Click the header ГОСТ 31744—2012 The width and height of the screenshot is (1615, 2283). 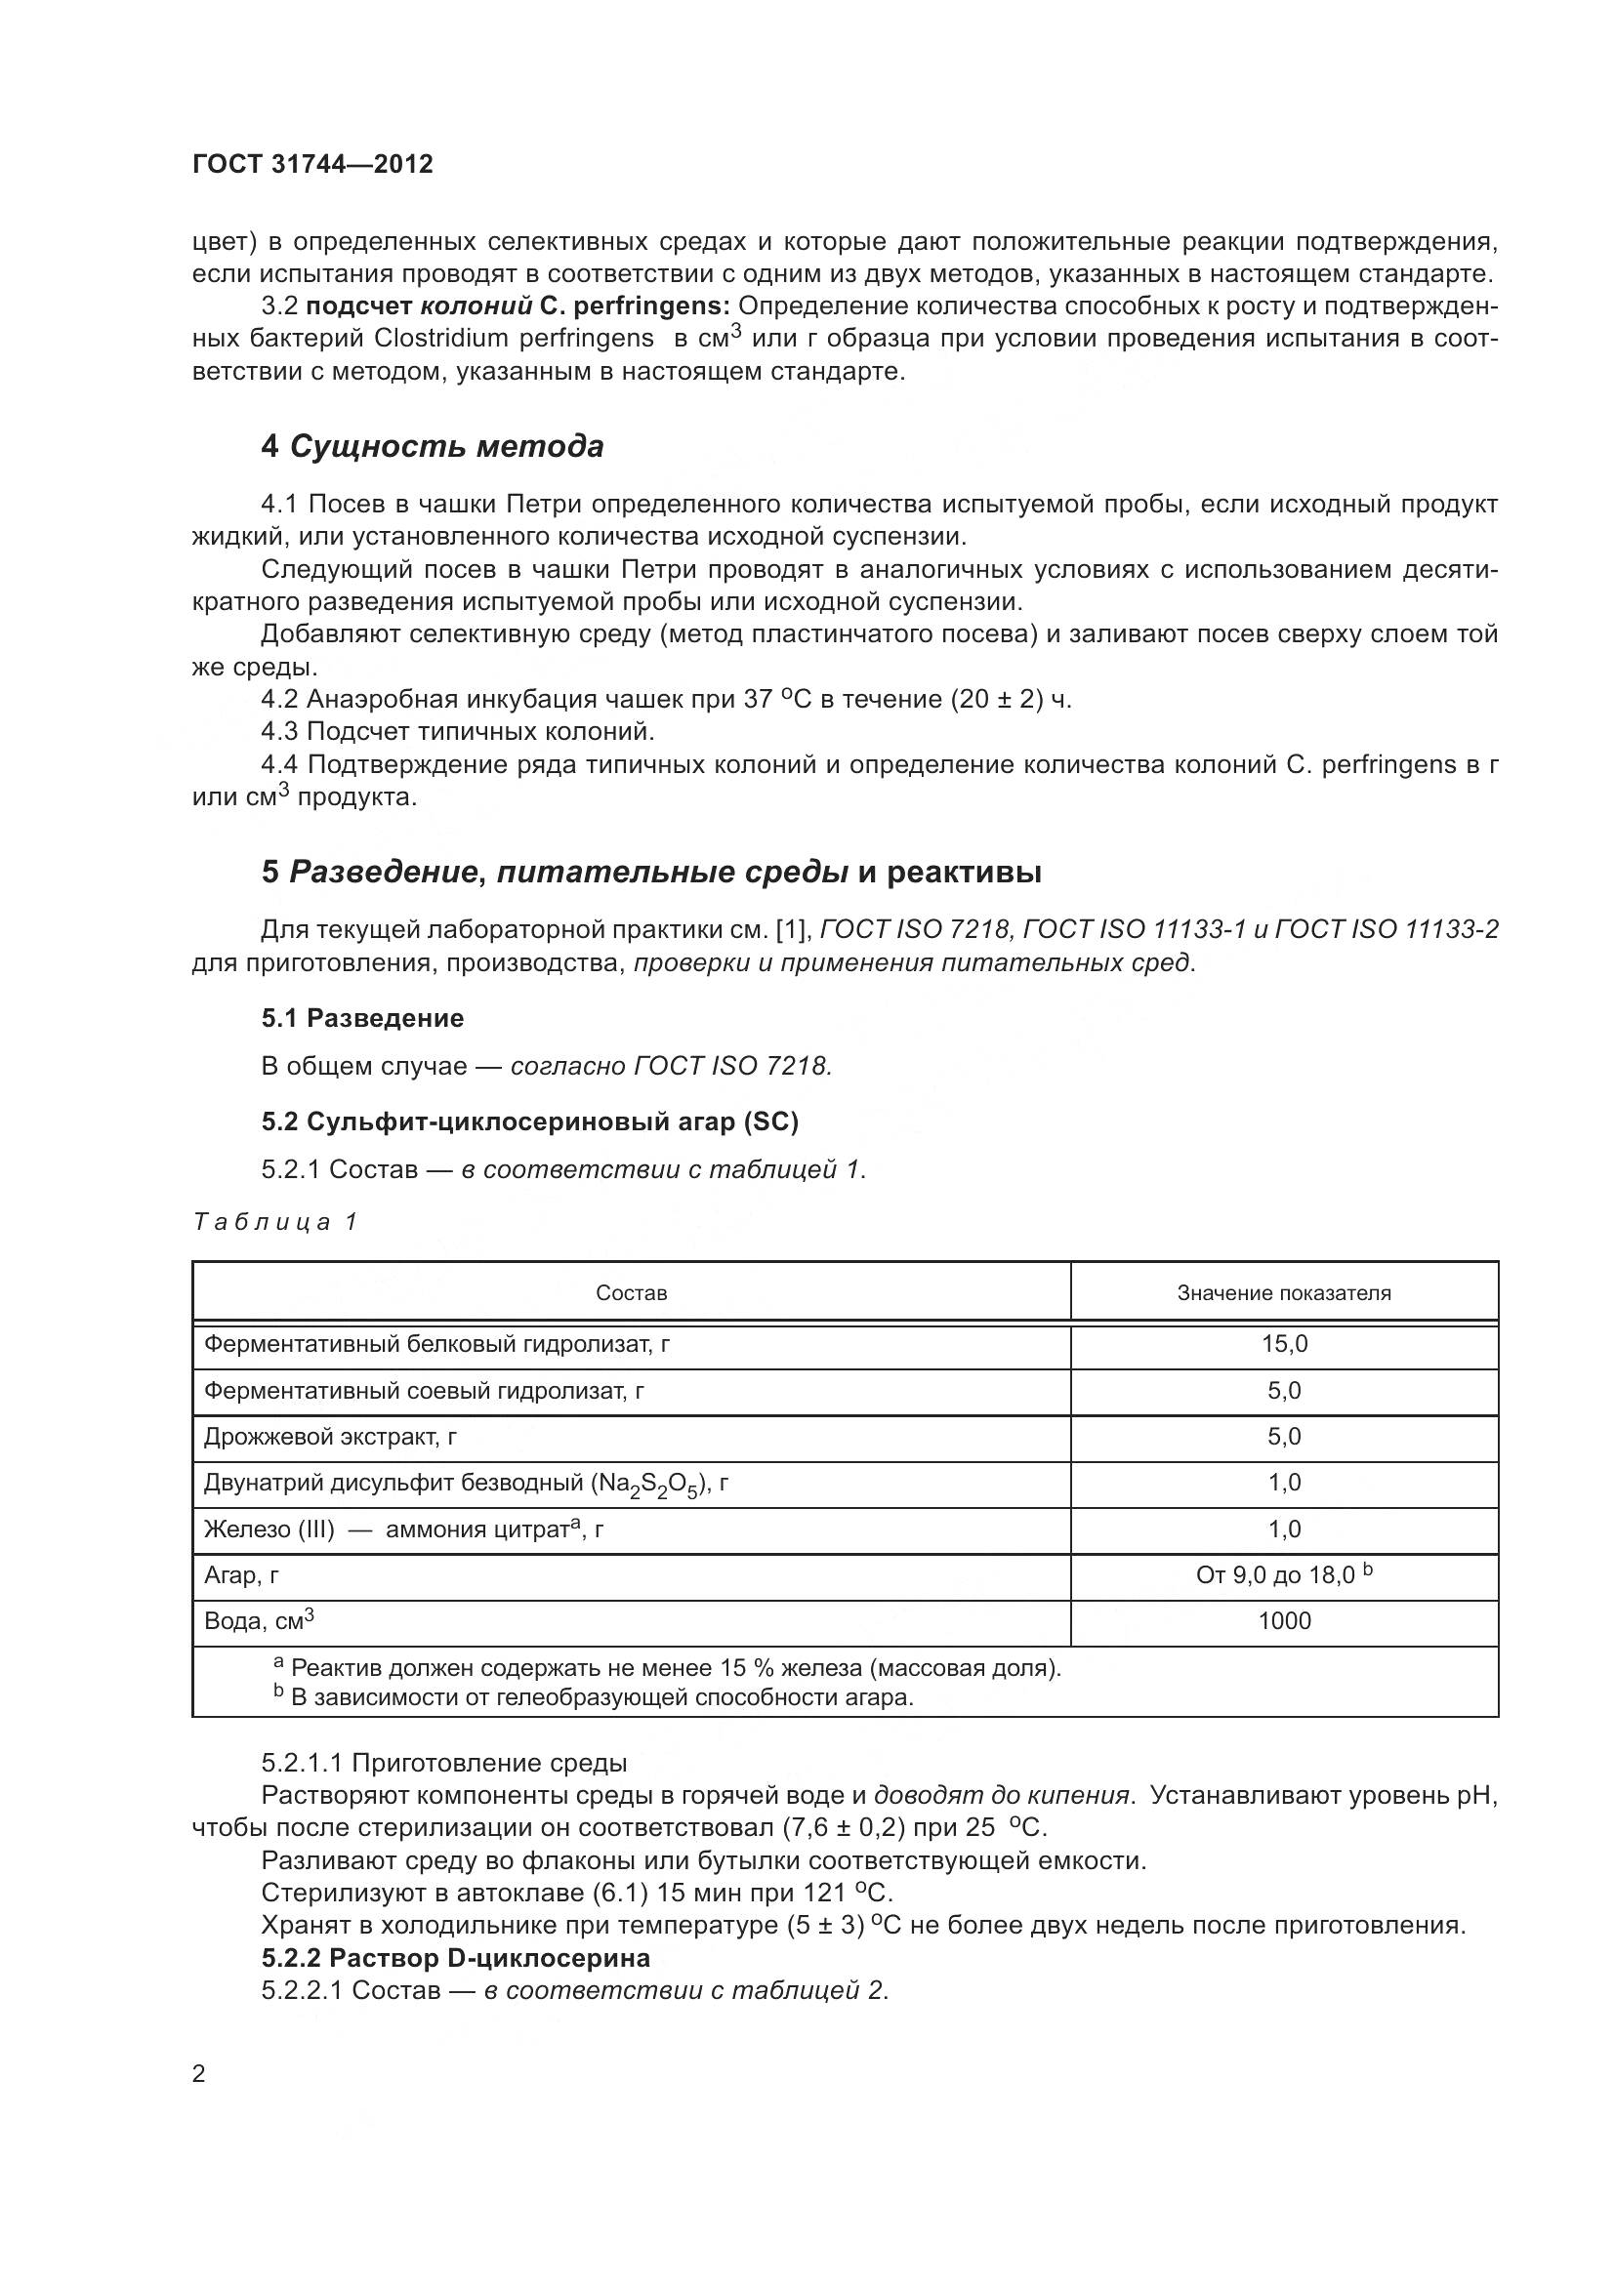pos(312,164)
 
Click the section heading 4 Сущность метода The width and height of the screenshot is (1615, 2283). pos(432,446)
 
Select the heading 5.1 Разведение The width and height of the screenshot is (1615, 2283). pos(362,1018)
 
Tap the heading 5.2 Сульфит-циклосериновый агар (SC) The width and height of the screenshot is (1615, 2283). pos(529,1121)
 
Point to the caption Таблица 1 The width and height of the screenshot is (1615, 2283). pos(274,1222)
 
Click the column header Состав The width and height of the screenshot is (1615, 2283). pos(631,1292)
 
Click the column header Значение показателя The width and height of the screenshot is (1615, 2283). pos(1283,1292)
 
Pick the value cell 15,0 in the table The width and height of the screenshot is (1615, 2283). pos(1284,1344)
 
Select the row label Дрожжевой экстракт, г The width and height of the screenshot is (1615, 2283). pos(330,1437)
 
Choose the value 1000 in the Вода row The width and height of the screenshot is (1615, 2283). pos(1284,1621)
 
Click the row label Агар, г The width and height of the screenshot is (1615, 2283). pos(241,1575)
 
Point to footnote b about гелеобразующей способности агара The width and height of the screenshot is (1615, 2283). pos(597,1697)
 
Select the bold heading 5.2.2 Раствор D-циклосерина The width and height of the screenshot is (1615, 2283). pos(455,1958)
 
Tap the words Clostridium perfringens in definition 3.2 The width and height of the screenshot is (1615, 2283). pos(514,339)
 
